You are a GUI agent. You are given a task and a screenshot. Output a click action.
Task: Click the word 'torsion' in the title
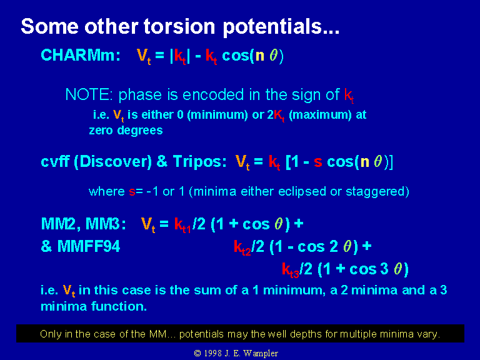point(179,26)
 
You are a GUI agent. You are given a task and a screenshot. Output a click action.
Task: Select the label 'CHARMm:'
point(81,56)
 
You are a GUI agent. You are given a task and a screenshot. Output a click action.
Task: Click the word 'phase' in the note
point(140,95)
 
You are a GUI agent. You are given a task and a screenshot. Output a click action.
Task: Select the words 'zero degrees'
point(126,131)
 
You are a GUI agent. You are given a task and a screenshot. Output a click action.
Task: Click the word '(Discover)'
point(113,162)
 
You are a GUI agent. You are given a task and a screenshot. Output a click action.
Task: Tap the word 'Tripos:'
point(199,161)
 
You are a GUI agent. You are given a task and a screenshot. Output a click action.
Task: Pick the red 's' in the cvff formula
point(318,162)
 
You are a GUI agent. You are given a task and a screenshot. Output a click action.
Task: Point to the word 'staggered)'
point(377,192)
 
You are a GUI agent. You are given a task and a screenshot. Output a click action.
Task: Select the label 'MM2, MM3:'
point(83,224)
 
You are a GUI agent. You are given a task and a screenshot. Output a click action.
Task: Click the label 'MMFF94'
point(89,246)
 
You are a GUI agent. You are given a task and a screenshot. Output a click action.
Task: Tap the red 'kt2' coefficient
point(242,247)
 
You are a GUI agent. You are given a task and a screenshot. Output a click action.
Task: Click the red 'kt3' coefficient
point(290,270)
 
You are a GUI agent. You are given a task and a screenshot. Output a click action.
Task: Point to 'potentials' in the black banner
point(201,334)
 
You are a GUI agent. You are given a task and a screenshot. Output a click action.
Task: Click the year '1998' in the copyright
point(212,353)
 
